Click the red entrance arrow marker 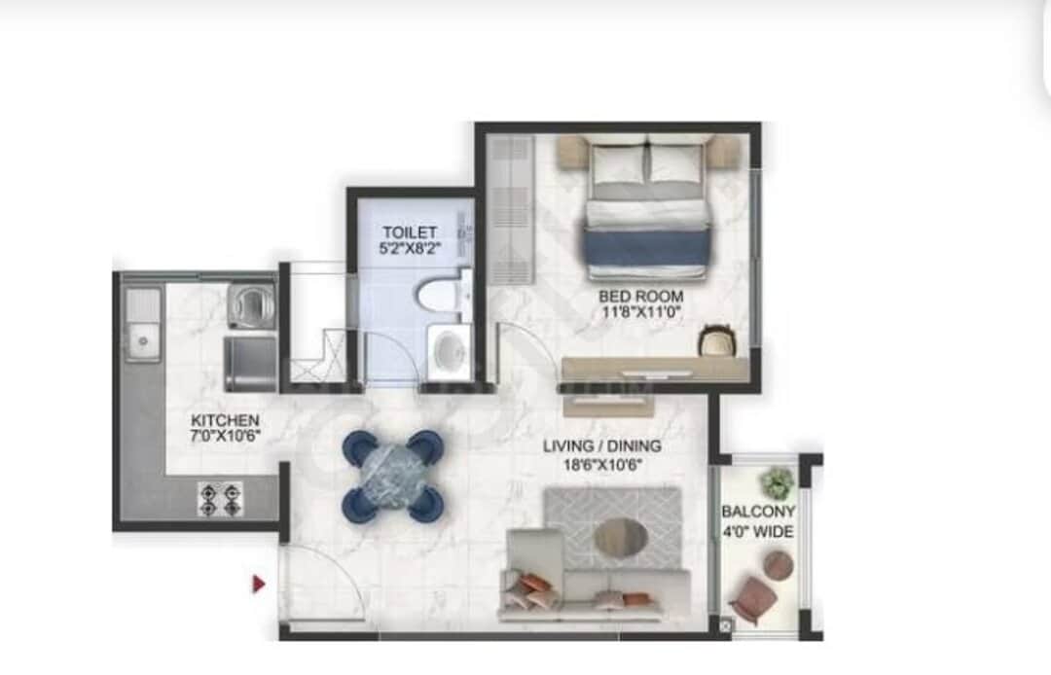[x=259, y=584]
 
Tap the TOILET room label [x=402, y=233]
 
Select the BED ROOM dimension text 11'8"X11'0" [x=640, y=312]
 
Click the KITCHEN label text [x=225, y=420]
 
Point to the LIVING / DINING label [x=602, y=446]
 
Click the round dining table [x=393, y=475]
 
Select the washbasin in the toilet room [x=449, y=351]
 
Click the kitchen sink [x=143, y=339]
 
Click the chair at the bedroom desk [x=715, y=340]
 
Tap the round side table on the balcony [x=778, y=564]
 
